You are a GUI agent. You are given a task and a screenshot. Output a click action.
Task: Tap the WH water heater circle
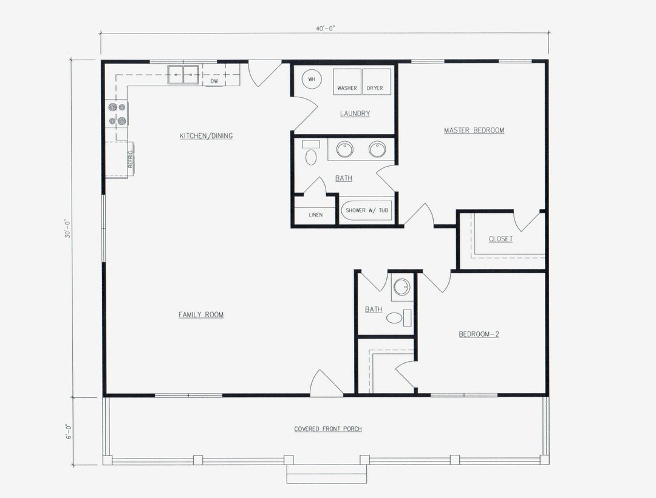point(311,80)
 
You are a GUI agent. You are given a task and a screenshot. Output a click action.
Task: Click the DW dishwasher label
point(214,81)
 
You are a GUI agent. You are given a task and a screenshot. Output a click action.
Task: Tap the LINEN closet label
point(315,215)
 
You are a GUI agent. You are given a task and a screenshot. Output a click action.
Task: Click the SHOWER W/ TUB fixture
point(367,210)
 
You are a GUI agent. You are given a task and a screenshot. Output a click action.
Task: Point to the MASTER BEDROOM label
point(474,130)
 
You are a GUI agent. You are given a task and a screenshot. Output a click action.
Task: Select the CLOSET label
point(501,239)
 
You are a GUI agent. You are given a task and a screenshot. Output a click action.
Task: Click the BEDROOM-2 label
point(479,334)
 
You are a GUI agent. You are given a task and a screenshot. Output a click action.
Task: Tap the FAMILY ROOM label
point(201,314)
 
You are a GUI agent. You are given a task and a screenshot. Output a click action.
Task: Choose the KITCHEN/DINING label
point(206,136)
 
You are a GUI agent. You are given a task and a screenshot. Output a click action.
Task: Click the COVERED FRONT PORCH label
point(328,429)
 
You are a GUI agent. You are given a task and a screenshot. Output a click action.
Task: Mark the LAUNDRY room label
point(355,114)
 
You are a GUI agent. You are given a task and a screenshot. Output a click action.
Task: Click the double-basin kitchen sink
point(184,75)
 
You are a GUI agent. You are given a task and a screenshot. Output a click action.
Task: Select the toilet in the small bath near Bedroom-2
point(395,317)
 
